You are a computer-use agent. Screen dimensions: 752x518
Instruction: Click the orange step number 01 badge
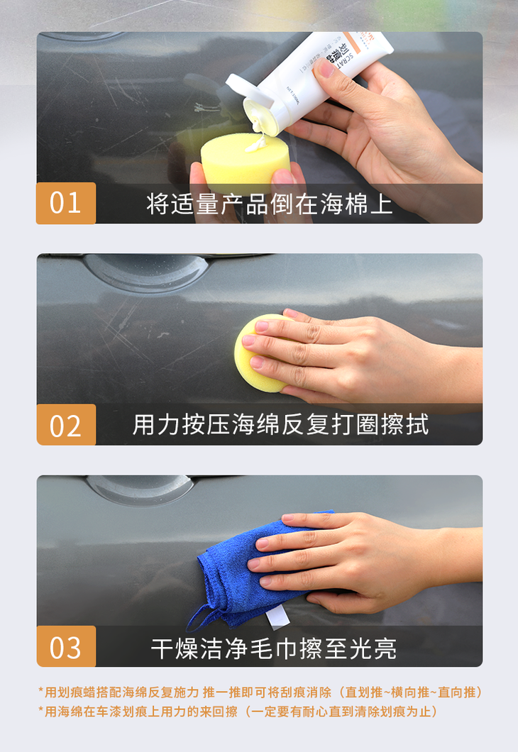65,203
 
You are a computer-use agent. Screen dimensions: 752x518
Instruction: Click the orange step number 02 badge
65,425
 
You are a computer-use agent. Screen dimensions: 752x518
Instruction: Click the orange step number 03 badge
65,647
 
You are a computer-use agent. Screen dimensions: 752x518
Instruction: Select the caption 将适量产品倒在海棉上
269,204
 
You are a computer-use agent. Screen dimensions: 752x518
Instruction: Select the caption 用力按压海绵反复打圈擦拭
280,425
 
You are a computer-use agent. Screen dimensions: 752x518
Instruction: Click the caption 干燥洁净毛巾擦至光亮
273,648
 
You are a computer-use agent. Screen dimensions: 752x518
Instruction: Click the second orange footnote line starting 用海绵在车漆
238,711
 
